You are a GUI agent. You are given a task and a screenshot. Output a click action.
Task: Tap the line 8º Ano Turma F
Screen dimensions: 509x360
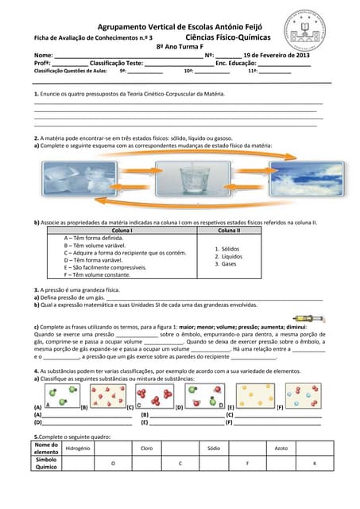pyautogui.click(x=180, y=46)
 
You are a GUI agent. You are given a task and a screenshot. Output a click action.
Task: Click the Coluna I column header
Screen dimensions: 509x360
pyautogui.click(x=122, y=230)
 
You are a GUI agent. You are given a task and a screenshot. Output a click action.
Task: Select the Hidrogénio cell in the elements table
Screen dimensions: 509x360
pyautogui.click(x=78, y=449)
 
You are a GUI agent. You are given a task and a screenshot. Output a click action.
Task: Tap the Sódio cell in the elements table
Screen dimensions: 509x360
pyautogui.click(x=213, y=449)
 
